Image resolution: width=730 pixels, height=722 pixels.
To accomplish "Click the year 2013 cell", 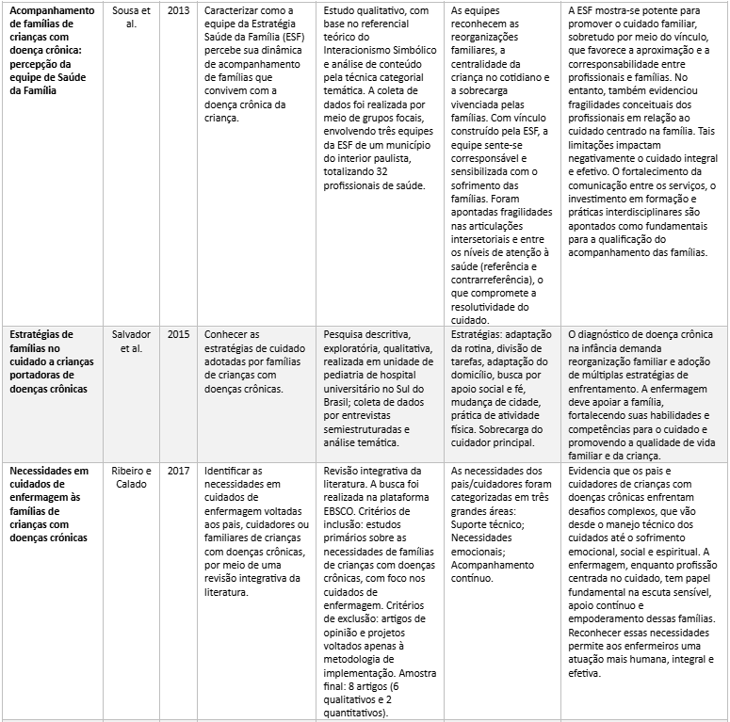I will [x=177, y=10].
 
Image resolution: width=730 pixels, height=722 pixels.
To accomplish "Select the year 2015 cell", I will [x=177, y=334].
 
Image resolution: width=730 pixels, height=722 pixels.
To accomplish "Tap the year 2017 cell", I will [x=177, y=470].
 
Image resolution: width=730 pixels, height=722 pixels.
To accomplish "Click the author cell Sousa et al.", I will [x=131, y=17].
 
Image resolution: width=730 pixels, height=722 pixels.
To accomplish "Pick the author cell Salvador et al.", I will [x=131, y=341].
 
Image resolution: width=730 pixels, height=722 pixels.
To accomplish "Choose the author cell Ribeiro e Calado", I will [x=131, y=476].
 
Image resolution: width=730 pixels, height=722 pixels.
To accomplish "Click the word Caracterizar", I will [x=236, y=10].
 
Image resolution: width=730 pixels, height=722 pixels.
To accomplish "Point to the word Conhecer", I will [x=230, y=334].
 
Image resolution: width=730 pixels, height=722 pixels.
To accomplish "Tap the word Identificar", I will [x=233, y=470].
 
